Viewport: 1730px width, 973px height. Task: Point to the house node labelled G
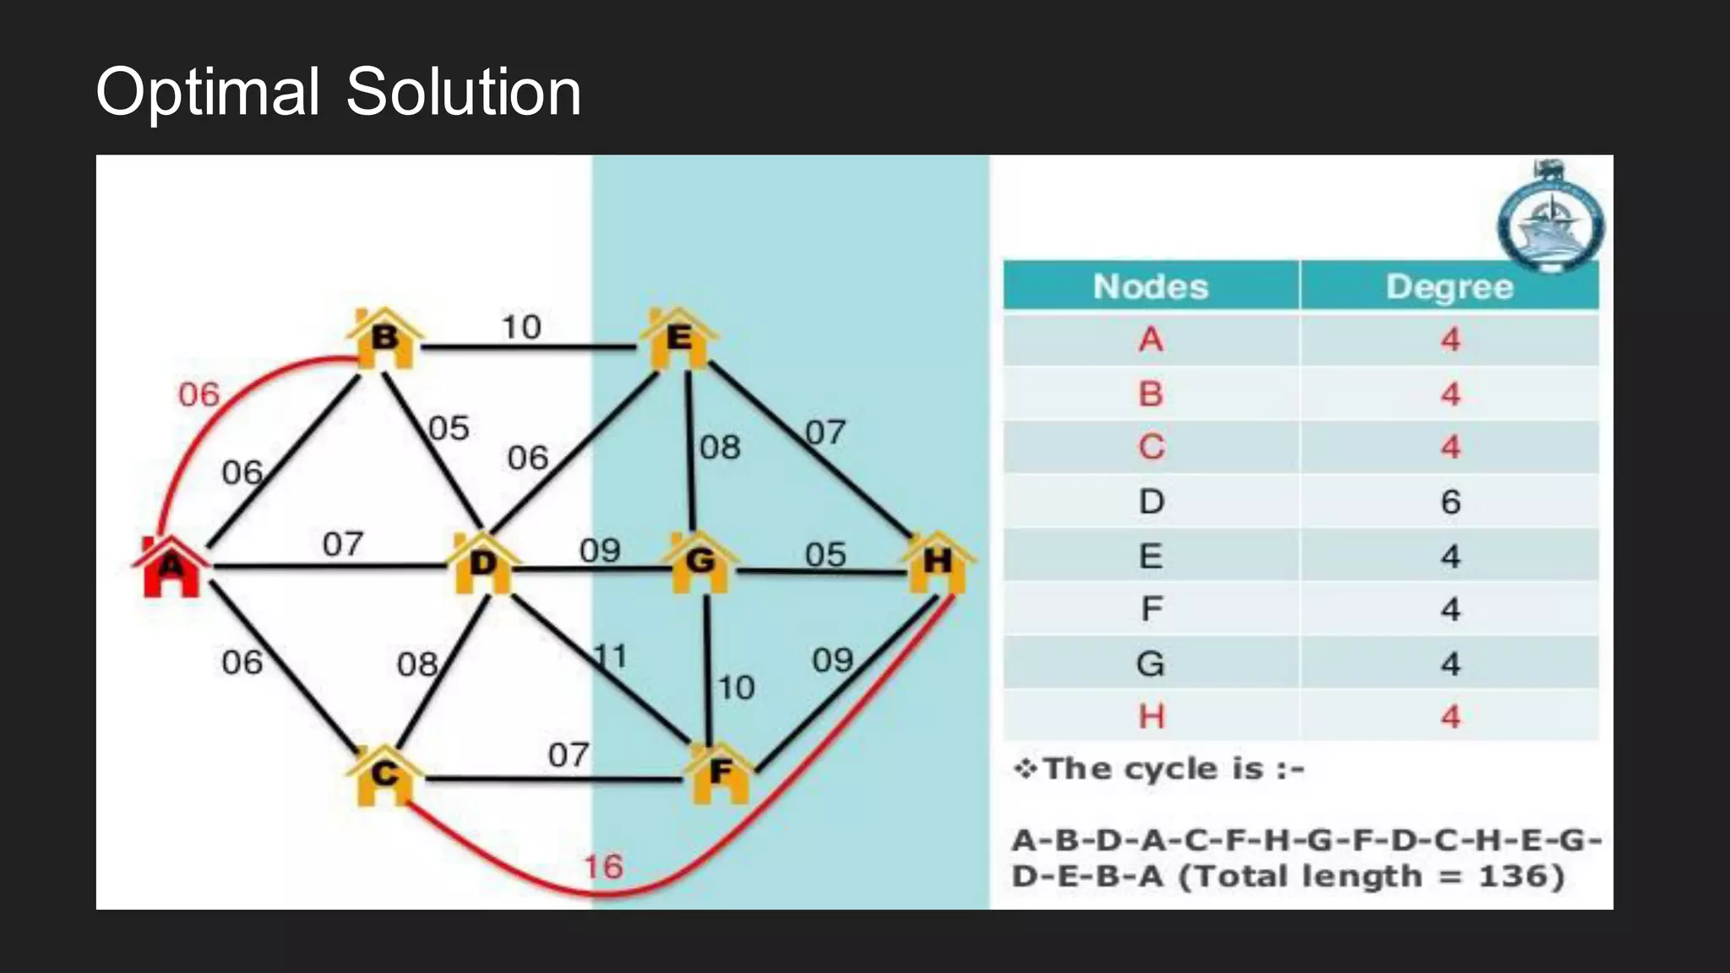(700, 561)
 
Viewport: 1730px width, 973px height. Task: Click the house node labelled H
(938, 561)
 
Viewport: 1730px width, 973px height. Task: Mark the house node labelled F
(721, 772)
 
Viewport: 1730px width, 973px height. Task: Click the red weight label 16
(603, 867)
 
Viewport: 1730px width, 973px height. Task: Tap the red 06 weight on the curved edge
(199, 394)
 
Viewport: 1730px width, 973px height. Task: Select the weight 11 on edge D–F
(610, 656)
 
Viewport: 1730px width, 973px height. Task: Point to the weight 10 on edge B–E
(521, 327)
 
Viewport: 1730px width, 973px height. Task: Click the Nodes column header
(1151, 286)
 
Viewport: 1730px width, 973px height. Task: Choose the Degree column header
(1450, 287)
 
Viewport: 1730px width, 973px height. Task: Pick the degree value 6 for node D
(1450, 502)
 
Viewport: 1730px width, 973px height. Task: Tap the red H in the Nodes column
(1151, 716)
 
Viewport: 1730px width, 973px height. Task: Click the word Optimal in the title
(208, 91)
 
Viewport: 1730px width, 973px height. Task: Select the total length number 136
(1512, 876)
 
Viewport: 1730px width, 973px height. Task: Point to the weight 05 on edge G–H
(824, 555)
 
